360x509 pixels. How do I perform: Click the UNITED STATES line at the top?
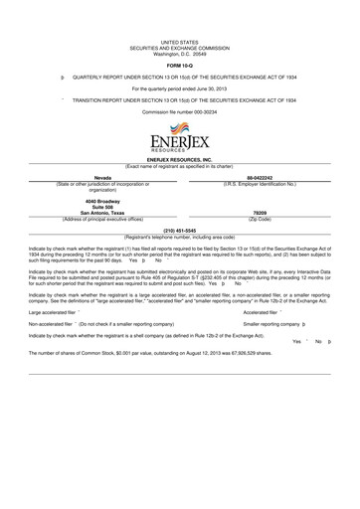click(179, 40)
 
